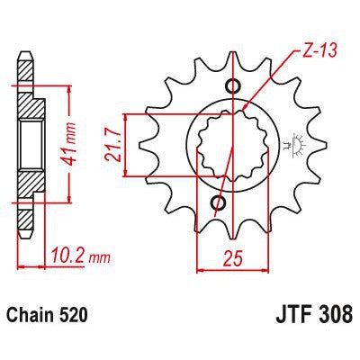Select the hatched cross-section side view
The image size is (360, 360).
tap(30, 145)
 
